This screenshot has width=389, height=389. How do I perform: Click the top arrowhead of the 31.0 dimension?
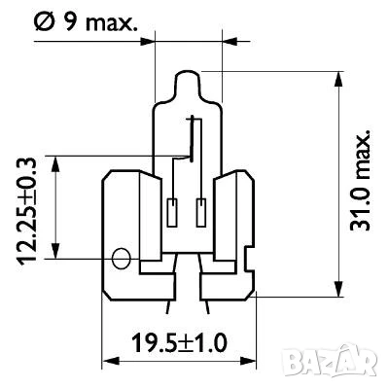pos(337,77)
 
